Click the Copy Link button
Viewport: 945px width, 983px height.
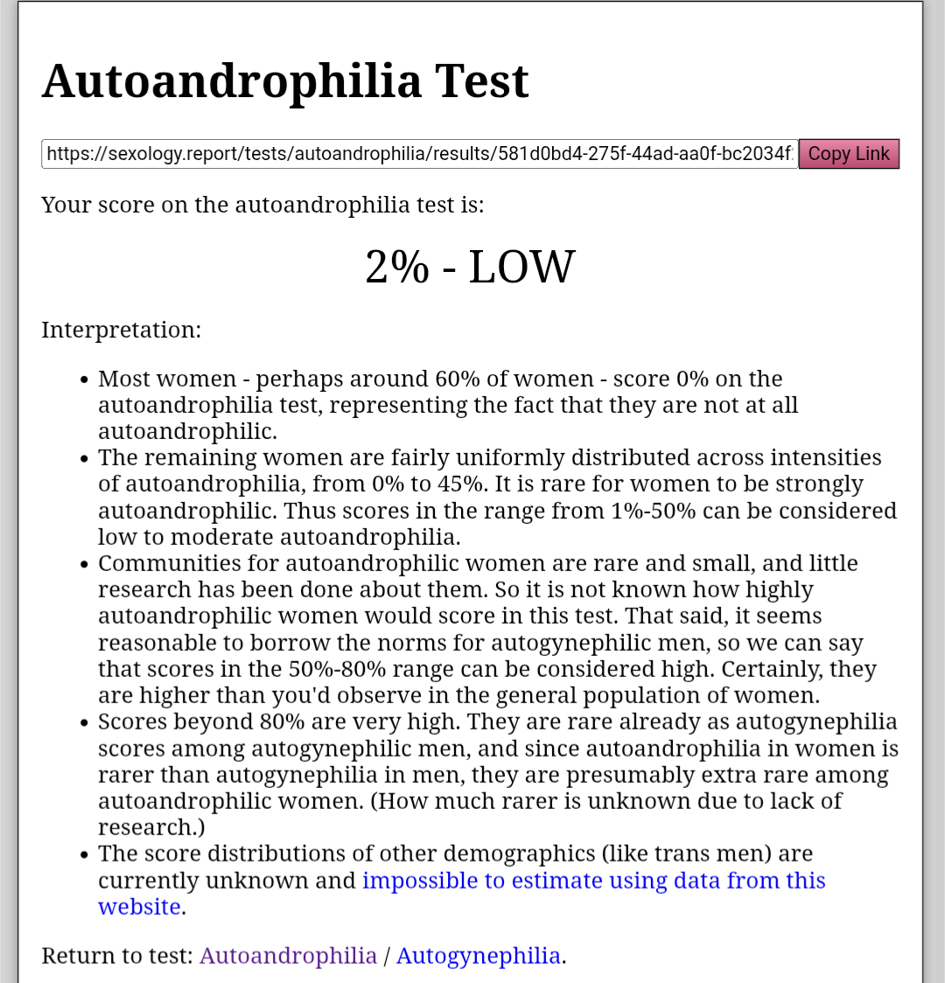click(849, 154)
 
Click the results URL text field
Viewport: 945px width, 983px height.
click(419, 154)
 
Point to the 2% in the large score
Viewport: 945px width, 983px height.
click(397, 267)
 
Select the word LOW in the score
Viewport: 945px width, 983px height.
click(522, 267)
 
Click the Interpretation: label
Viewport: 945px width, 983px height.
click(121, 330)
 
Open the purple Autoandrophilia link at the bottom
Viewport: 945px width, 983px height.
click(288, 955)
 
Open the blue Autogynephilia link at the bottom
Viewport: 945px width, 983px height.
click(479, 955)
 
